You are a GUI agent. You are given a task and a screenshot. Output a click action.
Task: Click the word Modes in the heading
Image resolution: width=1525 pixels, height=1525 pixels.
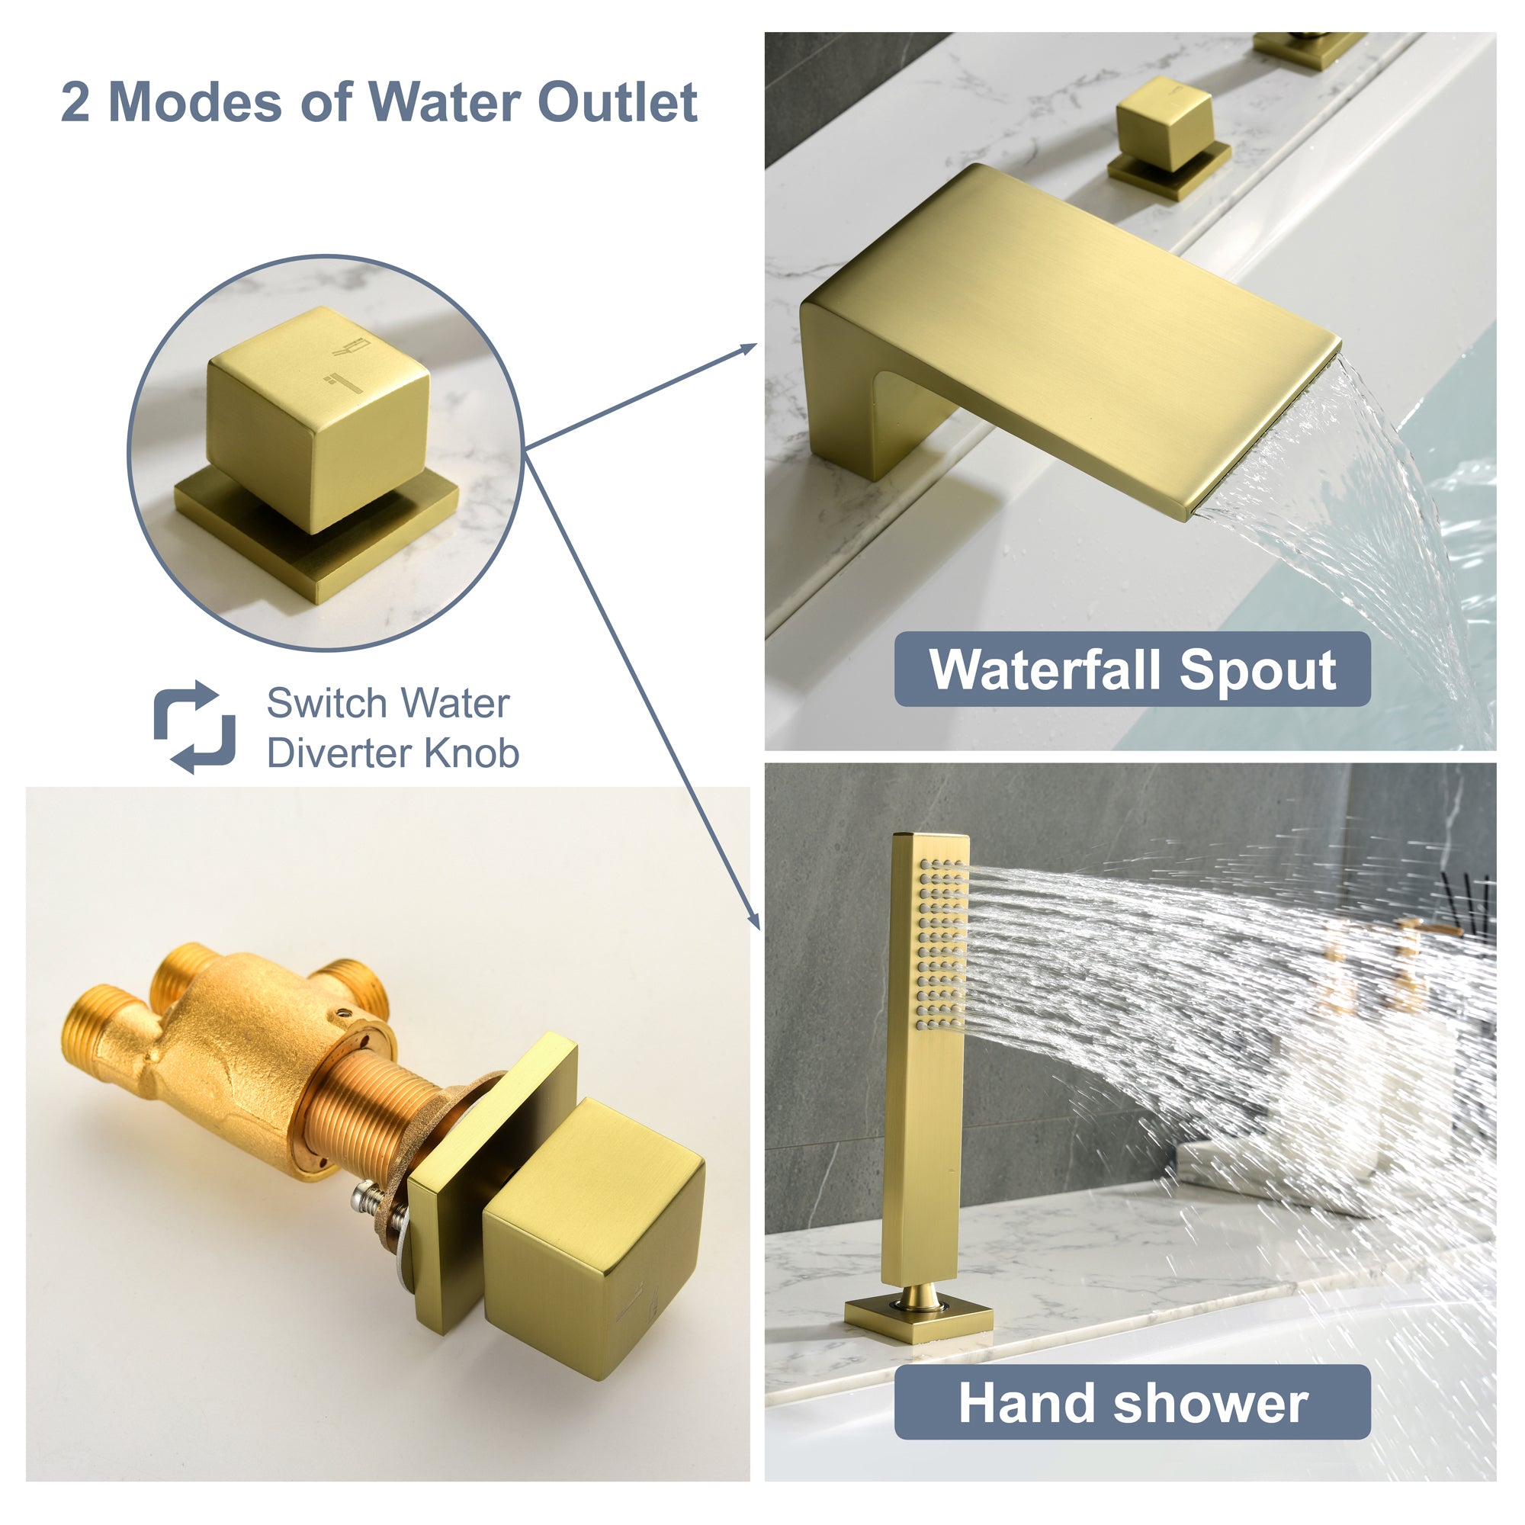195,103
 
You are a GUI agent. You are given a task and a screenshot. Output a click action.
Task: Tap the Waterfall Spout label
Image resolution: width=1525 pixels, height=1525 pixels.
1132,669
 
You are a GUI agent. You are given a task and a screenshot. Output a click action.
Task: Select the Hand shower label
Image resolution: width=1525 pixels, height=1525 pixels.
1132,1403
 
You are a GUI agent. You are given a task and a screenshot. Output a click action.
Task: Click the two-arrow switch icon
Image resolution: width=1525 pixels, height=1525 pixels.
194,727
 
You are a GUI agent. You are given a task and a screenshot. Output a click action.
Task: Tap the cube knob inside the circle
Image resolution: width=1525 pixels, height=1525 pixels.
318,419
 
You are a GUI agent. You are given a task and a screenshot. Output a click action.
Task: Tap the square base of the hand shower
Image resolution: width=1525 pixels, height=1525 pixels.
919,1318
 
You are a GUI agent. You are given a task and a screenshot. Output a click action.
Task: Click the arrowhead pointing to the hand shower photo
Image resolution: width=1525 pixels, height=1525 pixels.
753,919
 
